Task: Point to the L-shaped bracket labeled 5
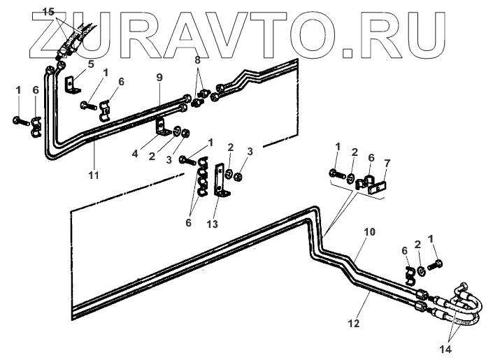click(70, 85)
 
